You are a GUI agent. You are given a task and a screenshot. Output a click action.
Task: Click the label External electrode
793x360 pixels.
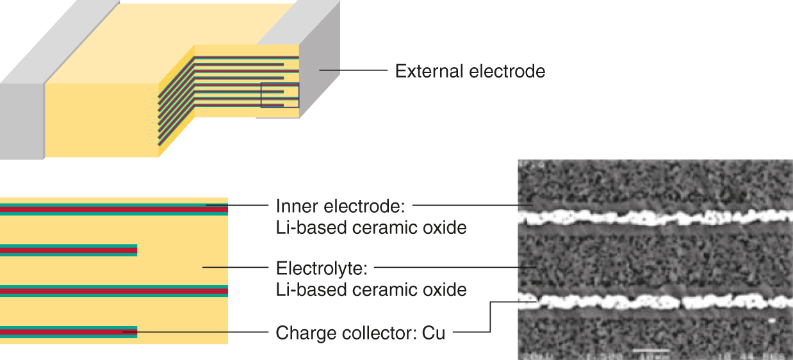tap(470, 71)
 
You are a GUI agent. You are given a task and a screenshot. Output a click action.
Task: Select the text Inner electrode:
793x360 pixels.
tap(341, 206)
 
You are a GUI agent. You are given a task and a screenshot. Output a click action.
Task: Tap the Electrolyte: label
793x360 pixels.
tap(324, 267)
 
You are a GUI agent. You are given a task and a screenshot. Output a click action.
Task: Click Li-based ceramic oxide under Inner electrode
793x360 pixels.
tap(371, 227)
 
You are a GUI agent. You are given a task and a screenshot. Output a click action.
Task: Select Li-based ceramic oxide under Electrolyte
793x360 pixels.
tap(371, 289)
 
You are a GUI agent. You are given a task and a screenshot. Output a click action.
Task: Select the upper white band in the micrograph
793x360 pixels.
tap(653, 217)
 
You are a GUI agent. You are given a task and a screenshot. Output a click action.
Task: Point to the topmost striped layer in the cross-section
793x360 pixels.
tap(114, 209)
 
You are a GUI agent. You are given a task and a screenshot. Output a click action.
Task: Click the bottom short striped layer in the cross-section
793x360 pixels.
tap(69, 332)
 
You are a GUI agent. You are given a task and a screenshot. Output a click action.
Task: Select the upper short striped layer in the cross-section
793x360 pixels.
tap(69, 250)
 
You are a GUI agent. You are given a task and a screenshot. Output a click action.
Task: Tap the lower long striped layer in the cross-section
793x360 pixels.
tap(114, 291)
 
